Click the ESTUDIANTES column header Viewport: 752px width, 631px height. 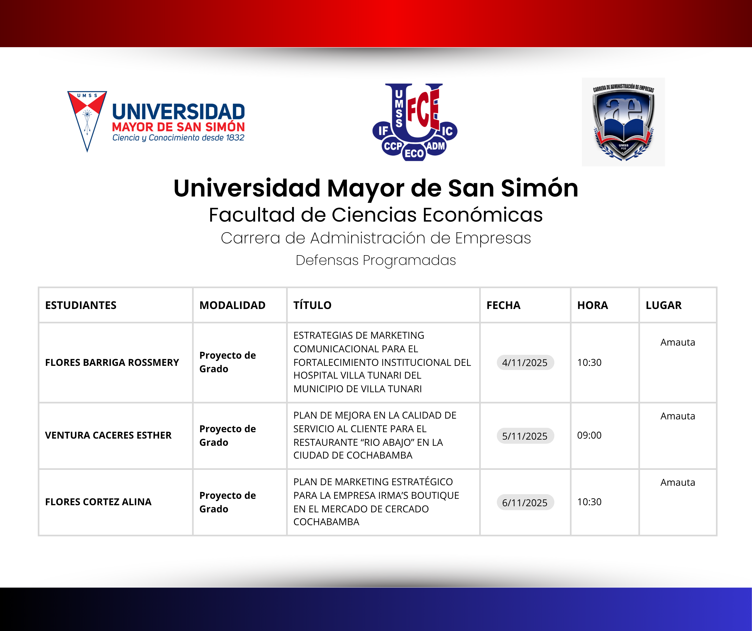[x=81, y=305]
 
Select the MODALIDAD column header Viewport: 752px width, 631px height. [x=232, y=305]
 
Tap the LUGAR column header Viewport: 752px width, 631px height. [x=663, y=305]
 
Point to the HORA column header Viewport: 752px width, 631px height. [x=592, y=305]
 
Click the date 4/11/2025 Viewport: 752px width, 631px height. [x=525, y=363]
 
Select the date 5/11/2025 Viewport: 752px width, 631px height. [x=525, y=436]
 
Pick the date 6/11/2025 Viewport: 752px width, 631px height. [x=525, y=503]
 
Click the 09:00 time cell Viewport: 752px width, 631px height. [x=589, y=435]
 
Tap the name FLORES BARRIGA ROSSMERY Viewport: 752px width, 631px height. [x=112, y=363]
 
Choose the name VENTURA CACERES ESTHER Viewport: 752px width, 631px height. [x=108, y=435]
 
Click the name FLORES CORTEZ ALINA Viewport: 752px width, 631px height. [x=98, y=502]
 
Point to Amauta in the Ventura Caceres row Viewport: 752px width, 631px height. [x=678, y=416]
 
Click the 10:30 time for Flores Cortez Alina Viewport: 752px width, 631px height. [x=589, y=502]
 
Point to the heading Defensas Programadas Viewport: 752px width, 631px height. [x=376, y=260]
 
